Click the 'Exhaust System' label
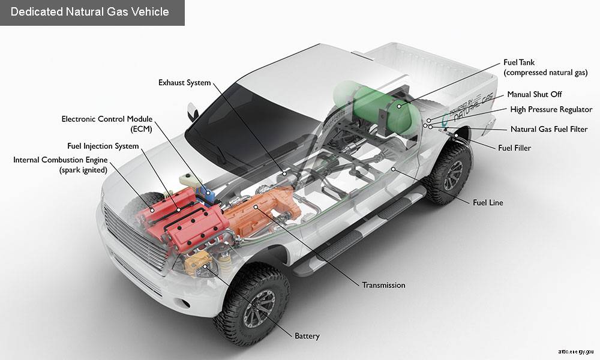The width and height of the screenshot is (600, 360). click(184, 82)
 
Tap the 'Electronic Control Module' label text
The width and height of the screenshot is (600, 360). click(107, 119)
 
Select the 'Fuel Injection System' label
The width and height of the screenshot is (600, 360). click(103, 146)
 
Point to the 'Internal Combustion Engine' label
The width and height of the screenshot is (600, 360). click(60, 160)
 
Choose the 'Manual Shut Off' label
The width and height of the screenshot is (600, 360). click(534, 95)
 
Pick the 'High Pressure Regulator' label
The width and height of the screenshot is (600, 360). click(551, 110)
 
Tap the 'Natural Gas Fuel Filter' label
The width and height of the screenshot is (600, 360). click(548, 129)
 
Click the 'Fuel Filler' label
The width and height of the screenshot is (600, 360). click(514, 148)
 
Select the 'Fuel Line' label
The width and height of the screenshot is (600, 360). click(487, 203)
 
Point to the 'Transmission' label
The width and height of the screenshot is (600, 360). click(383, 285)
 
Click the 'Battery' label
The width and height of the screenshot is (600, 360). click(307, 336)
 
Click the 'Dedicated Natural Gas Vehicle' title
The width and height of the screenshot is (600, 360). click(90, 12)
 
